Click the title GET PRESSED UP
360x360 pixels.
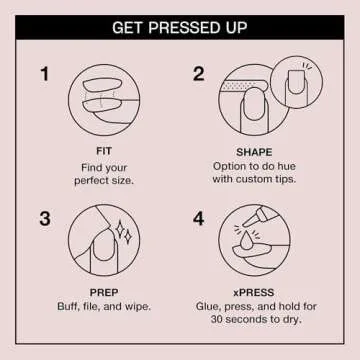tap(180, 26)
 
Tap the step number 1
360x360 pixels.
tap(45, 75)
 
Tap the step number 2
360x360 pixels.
tap(198, 75)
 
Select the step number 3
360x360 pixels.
tap(45, 218)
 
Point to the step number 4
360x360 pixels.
tap(198, 218)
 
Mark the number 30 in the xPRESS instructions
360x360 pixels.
tap(214, 323)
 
